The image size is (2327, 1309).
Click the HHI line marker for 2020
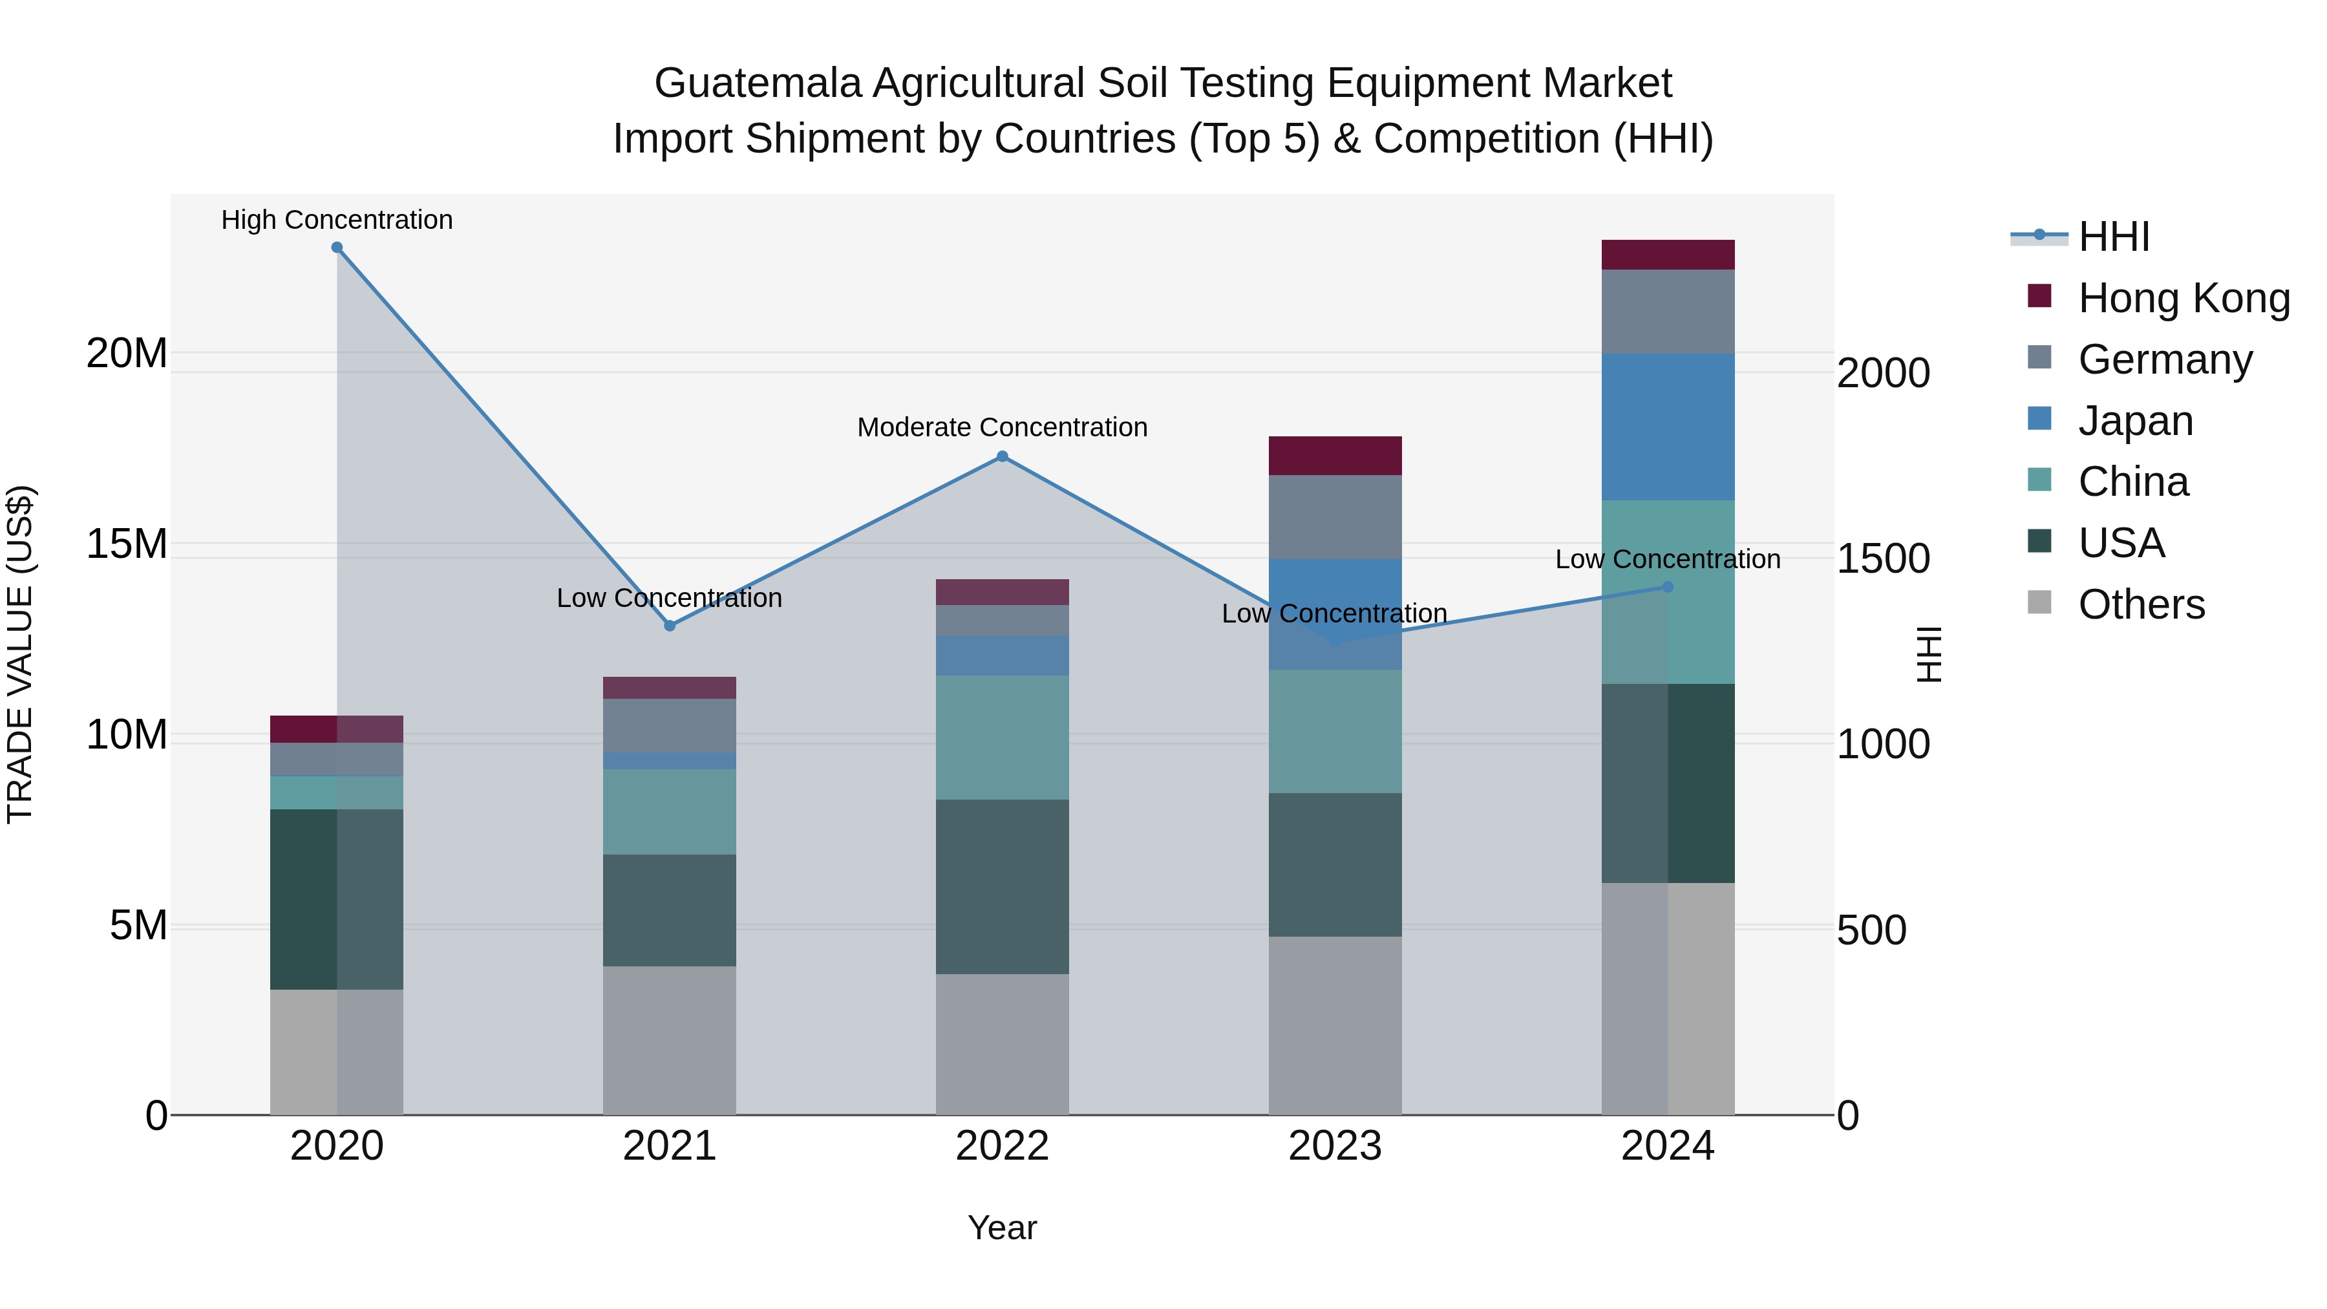pyautogui.click(x=337, y=248)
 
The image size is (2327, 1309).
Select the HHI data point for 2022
pyautogui.click(x=1002, y=457)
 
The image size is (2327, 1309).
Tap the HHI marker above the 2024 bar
pyautogui.click(x=1668, y=587)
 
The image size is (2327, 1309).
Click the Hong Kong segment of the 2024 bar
pyautogui.click(x=1668, y=255)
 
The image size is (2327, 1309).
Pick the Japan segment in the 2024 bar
pyautogui.click(x=1668, y=427)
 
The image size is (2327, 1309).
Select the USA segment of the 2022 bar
pyautogui.click(x=1002, y=886)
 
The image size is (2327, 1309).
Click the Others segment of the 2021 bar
pyautogui.click(x=670, y=1040)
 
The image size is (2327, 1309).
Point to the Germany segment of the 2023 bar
pyautogui.click(x=1335, y=516)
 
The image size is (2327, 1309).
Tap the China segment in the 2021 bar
pyautogui.click(x=670, y=811)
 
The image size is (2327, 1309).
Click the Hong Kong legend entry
pyautogui.click(x=2184, y=298)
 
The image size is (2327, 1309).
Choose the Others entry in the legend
pyautogui.click(x=2141, y=604)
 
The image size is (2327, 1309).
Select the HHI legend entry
pyautogui.click(x=2113, y=237)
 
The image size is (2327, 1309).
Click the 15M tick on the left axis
pyautogui.click(x=127, y=545)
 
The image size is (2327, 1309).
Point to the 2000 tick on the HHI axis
pyautogui.click(x=1884, y=373)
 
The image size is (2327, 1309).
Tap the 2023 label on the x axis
pyautogui.click(x=1335, y=1146)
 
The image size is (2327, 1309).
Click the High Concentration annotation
pyautogui.click(x=337, y=220)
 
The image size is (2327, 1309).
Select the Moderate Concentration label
pyautogui.click(x=1002, y=427)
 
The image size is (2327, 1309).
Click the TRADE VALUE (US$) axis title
pyautogui.click(x=20, y=654)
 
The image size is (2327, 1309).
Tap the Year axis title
pyautogui.click(x=1002, y=1228)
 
